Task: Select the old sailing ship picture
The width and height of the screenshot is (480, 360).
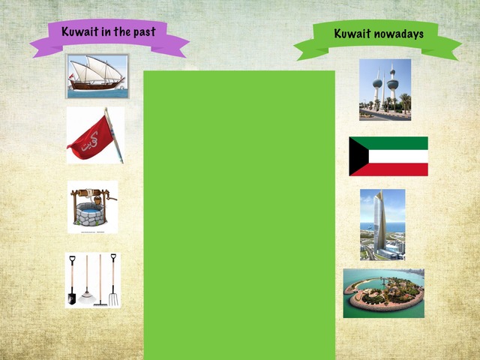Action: pos(97,76)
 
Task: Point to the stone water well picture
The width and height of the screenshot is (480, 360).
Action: pos(91,206)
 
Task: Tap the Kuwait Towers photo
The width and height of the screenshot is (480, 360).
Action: pos(385,89)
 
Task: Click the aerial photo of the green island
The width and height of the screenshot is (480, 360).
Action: pos(383,293)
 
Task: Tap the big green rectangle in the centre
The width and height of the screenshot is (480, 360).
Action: pos(238,214)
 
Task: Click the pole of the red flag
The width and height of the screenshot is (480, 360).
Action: pos(114,135)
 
